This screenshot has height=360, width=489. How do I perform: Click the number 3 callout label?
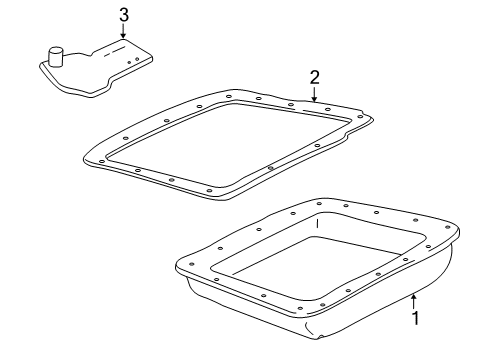(123, 14)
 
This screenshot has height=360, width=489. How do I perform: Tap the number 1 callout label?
(418, 320)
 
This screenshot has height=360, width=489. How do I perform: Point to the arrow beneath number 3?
(123, 32)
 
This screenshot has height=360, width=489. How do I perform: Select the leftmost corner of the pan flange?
(178, 265)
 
